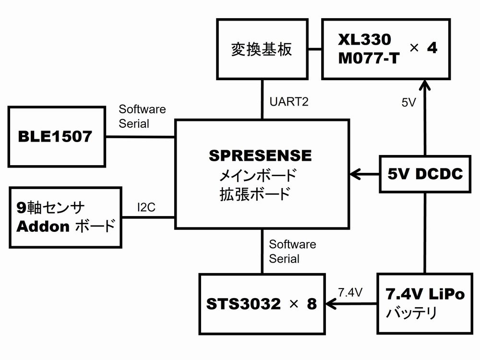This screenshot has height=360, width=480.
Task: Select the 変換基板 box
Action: click(262, 49)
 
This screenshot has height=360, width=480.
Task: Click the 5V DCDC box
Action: click(425, 174)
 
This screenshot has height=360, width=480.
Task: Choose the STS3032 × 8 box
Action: click(262, 304)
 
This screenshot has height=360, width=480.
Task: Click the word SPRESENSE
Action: click(261, 156)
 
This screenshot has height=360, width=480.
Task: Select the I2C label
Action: click(146, 207)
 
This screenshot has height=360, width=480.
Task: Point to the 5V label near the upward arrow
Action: click(409, 102)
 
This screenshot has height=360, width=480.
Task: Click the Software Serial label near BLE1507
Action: click(142, 116)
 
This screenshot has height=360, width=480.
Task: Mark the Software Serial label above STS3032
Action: click(292, 252)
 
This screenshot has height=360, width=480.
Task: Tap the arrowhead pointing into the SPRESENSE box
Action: click(355, 174)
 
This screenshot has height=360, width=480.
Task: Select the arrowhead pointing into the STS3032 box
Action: click(331, 303)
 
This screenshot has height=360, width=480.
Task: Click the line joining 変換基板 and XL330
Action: click(314, 49)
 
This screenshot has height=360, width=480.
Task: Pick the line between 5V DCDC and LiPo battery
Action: click(425, 233)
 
